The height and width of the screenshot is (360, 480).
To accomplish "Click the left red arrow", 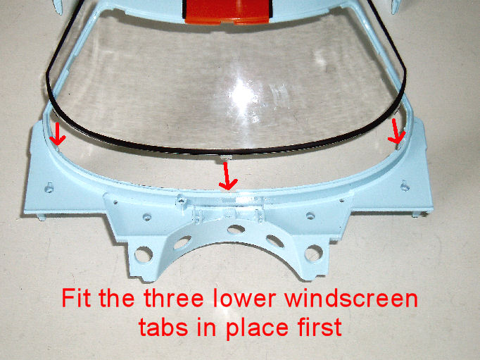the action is (x=57, y=136).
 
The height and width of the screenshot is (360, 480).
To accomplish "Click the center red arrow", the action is (x=227, y=177).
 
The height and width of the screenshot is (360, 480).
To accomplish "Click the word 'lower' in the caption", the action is (x=245, y=298).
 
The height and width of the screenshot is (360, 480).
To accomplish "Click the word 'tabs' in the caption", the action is (x=163, y=327).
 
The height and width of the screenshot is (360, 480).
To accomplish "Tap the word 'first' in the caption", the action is (x=319, y=327).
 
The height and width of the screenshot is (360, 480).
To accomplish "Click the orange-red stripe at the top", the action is (x=227, y=12).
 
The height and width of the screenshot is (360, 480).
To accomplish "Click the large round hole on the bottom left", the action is (x=144, y=254).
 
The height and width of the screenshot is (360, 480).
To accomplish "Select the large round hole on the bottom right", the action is (x=313, y=254).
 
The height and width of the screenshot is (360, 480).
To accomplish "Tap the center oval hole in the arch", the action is (x=236, y=229).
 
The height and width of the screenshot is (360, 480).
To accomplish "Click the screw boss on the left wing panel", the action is (x=49, y=187).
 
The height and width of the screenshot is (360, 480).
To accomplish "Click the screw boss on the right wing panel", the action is (x=405, y=185).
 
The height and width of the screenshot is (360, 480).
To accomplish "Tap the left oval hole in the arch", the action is (x=182, y=242).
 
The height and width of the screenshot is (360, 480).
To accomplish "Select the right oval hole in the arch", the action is (x=275, y=241).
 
